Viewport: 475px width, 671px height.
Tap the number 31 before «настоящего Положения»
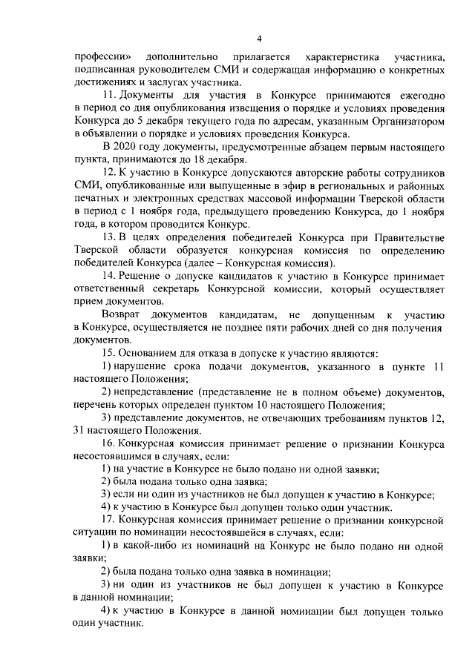pyautogui.click(x=81, y=432)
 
